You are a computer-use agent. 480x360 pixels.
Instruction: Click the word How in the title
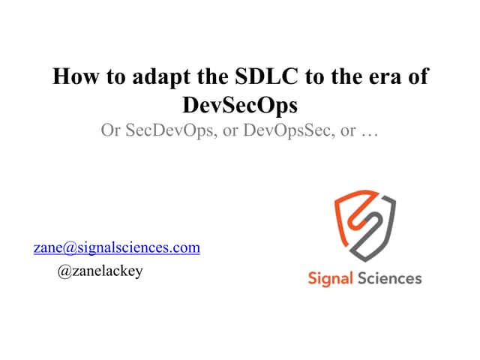73,77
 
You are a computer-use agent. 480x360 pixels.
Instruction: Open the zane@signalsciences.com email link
116,247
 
